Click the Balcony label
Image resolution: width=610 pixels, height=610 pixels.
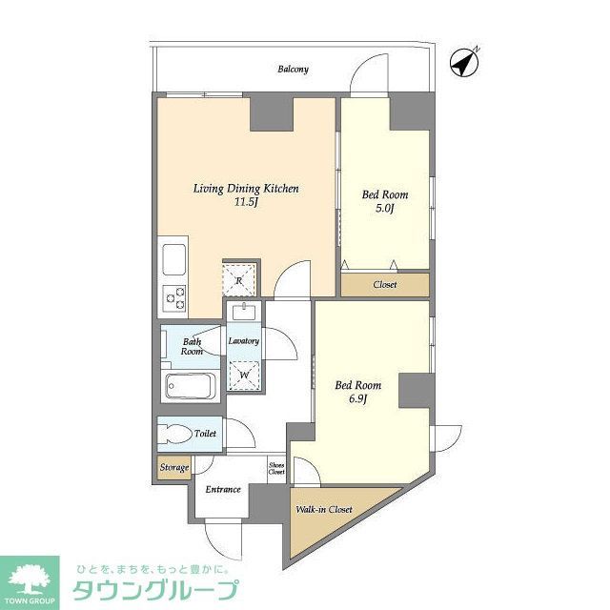coord(293,70)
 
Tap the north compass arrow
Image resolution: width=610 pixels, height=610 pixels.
coord(464,62)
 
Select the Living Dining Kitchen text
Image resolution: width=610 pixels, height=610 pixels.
coord(246,189)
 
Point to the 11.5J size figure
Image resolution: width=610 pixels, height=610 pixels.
coord(246,203)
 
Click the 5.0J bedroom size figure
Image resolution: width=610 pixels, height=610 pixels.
coord(384,209)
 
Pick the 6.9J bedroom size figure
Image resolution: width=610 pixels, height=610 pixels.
coord(357,399)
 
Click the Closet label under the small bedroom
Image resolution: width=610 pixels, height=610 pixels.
coord(385,285)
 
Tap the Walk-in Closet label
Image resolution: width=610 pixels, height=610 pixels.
coord(323,510)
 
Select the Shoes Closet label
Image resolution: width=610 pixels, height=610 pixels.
coord(275,467)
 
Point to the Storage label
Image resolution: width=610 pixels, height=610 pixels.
coord(173,468)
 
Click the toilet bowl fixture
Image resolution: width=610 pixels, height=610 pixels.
coord(175,435)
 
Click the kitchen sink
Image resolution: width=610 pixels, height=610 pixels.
coord(173,258)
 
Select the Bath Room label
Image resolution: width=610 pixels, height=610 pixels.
coord(192,345)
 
